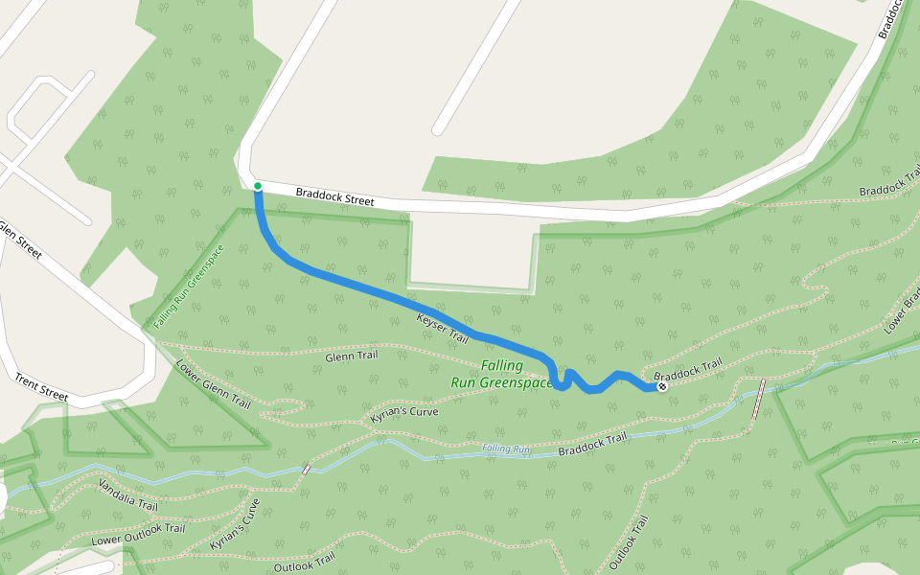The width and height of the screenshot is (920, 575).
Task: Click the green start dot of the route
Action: (258, 186)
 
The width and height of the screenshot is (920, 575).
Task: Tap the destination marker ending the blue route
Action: (661, 387)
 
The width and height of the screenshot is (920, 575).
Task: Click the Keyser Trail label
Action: (443, 328)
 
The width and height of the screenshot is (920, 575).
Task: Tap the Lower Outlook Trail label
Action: (138, 535)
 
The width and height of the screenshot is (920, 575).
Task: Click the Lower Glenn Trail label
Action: (213, 383)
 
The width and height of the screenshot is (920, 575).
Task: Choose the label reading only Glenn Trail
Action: (352, 356)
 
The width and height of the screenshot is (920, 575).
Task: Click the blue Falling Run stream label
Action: (506, 448)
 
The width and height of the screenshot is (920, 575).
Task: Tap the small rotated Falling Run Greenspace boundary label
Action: (188, 287)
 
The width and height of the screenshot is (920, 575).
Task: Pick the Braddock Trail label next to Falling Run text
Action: (592, 444)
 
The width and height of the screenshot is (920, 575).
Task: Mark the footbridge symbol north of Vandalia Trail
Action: (306, 469)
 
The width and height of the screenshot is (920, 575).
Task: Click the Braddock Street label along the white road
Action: (334, 196)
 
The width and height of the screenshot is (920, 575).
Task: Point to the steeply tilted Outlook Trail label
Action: (630, 542)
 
